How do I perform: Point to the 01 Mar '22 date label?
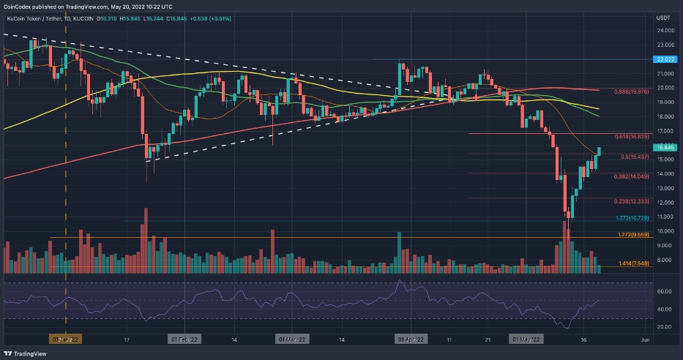pos(292,340)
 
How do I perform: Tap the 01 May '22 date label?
pos(526,340)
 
